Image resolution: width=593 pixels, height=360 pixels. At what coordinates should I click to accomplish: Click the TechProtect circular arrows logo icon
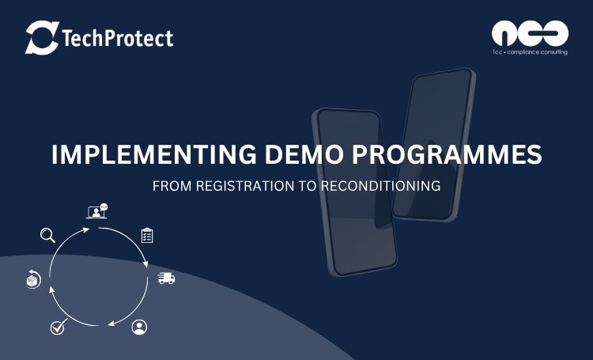pyautogui.click(x=43, y=37)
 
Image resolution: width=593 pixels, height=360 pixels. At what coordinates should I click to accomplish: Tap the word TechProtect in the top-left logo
pyautogui.click(x=117, y=38)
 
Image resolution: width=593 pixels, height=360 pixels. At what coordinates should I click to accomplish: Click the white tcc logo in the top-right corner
pyautogui.click(x=530, y=34)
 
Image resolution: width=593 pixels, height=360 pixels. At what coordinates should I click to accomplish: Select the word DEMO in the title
pyautogui.click(x=304, y=154)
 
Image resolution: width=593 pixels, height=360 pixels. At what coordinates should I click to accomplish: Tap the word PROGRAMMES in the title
pyautogui.click(x=447, y=154)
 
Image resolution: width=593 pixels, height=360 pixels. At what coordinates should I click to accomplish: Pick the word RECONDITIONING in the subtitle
pyautogui.click(x=380, y=186)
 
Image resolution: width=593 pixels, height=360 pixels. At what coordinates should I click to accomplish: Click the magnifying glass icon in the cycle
pyautogui.click(x=47, y=235)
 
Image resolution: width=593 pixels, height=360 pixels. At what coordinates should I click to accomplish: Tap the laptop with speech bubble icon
pyautogui.click(x=96, y=211)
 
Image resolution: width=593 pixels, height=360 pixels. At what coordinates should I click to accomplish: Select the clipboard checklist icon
pyautogui.click(x=147, y=235)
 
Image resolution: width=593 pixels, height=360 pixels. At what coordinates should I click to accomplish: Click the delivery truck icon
pyautogui.click(x=166, y=279)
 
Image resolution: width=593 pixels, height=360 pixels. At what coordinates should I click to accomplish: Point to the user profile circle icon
pyautogui.click(x=139, y=327)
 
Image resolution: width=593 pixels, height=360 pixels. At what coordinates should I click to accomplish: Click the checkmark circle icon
pyautogui.click(x=59, y=327)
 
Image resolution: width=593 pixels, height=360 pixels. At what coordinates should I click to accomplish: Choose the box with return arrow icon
pyautogui.click(x=33, y=279)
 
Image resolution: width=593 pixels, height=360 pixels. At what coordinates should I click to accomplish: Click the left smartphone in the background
pyautogui.click(x=354, y=192)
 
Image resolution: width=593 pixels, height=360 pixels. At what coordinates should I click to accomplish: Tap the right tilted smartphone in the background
pyautogui.click(x=434, y=145)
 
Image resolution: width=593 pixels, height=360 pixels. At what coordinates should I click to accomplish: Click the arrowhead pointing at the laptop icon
pyautogui.click(x=86, y=229)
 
